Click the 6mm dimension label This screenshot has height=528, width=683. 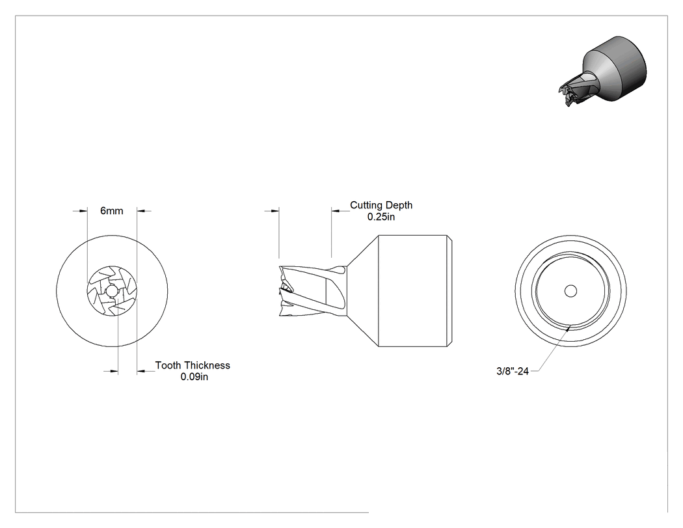[x=111, y=211]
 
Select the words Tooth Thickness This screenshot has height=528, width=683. [x=193, y=365]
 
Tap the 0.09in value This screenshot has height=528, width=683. [x=194, y=377]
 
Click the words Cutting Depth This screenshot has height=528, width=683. [x=381, y=205]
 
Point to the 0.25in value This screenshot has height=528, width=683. [x=381, y=217]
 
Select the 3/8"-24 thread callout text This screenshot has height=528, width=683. [x=513, y=371]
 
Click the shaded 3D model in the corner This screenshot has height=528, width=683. [x=602, y=72]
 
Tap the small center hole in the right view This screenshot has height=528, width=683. [x=570, y=291]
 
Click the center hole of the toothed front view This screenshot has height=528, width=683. [x=112, y=291]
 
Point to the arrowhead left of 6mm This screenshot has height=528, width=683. [x=83, y=211]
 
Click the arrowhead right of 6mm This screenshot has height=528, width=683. [x=141, y=211]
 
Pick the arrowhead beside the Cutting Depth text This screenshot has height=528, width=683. [x=336, y=211]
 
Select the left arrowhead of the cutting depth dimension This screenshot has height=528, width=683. [x=275, y=211]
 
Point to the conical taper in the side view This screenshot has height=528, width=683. [x=363, y=291]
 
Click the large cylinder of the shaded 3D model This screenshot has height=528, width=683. [x=619, y=68]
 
